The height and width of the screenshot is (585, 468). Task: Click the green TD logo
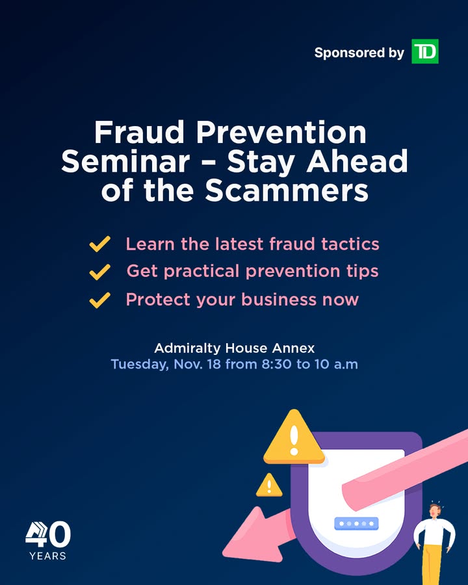[x=425, y=52]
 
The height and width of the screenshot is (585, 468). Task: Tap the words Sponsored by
[x=359, y=53]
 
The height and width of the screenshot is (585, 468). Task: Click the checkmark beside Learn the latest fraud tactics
[x=99, y=244]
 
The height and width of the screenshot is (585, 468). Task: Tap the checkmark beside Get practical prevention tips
[x=99, y=272]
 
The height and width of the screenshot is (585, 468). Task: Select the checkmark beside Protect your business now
[x=99, y=300]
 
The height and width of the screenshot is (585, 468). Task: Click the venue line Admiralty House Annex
[x=234, y=347]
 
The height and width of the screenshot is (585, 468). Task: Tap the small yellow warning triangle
[x=268, y=486]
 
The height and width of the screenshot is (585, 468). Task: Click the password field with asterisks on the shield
[x=355, y=523]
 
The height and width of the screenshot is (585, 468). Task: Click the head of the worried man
[x=434, y=510]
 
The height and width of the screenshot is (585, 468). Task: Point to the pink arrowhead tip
[x=227, y=543]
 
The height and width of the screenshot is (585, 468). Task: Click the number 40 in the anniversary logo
[x=48, y=535]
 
